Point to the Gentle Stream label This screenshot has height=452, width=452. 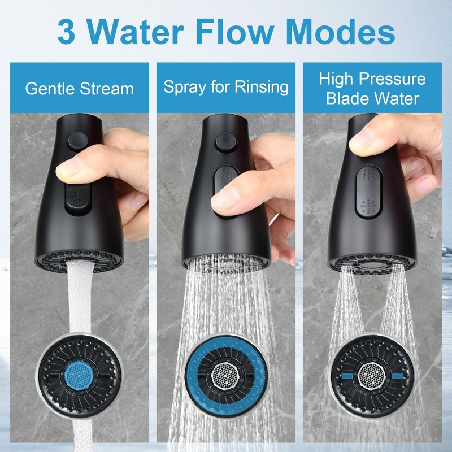click(x=80, y=89)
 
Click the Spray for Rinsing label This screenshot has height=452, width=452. click(x=226, y=87)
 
